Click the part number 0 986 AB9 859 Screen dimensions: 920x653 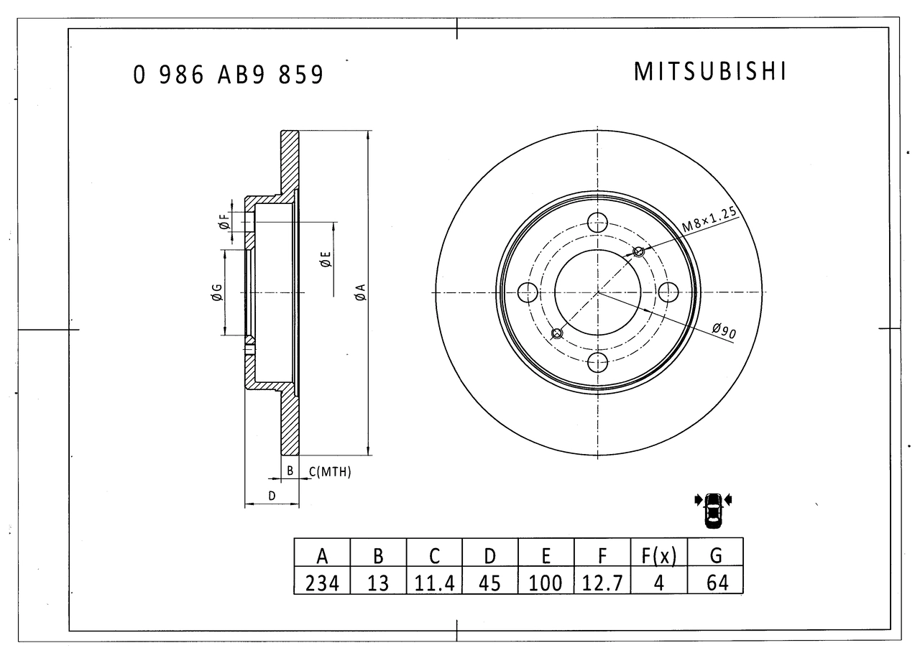click(x=229, y=75)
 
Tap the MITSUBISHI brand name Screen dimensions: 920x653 click(x=709, y=71)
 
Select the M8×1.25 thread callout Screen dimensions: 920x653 click(x=709, y=220)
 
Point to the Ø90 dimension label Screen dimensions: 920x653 click(x=724, y=330)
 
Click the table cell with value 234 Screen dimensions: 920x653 click(x=322, y=583)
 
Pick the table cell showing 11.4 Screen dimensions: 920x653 click(x=434, y=583)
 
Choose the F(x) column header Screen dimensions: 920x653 click(x=659, y=556)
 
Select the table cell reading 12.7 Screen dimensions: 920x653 click(x=602, y=583)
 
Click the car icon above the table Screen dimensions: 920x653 click(x=714, y=510)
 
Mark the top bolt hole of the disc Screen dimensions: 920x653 click(x=597, y=223)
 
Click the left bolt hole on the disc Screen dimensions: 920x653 click(x=528, y=292)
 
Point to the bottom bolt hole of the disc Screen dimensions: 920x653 click(x=597, y=362)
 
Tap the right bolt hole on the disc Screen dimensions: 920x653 click(x=668, y=292)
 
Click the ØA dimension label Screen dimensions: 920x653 click(x=360, y=292)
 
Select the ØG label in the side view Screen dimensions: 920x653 click(x=217, y=292)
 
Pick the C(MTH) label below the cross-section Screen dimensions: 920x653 click(x=330, y=472)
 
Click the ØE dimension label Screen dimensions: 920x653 click(x=326, y=259)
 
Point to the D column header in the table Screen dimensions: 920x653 click(x=490, y=556)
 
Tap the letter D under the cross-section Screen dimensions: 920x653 click(x=272, y=496)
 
